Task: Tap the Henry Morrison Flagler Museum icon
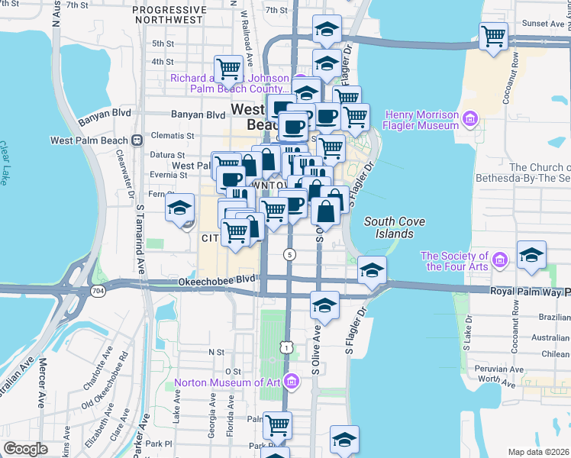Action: (469, 118)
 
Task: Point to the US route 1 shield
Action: (285, 347)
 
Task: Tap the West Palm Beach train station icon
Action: (137, 140)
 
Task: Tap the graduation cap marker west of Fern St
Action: (179, 208)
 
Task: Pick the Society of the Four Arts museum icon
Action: (501, 261)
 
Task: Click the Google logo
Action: (26, 449)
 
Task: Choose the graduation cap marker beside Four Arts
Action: (531, 254)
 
